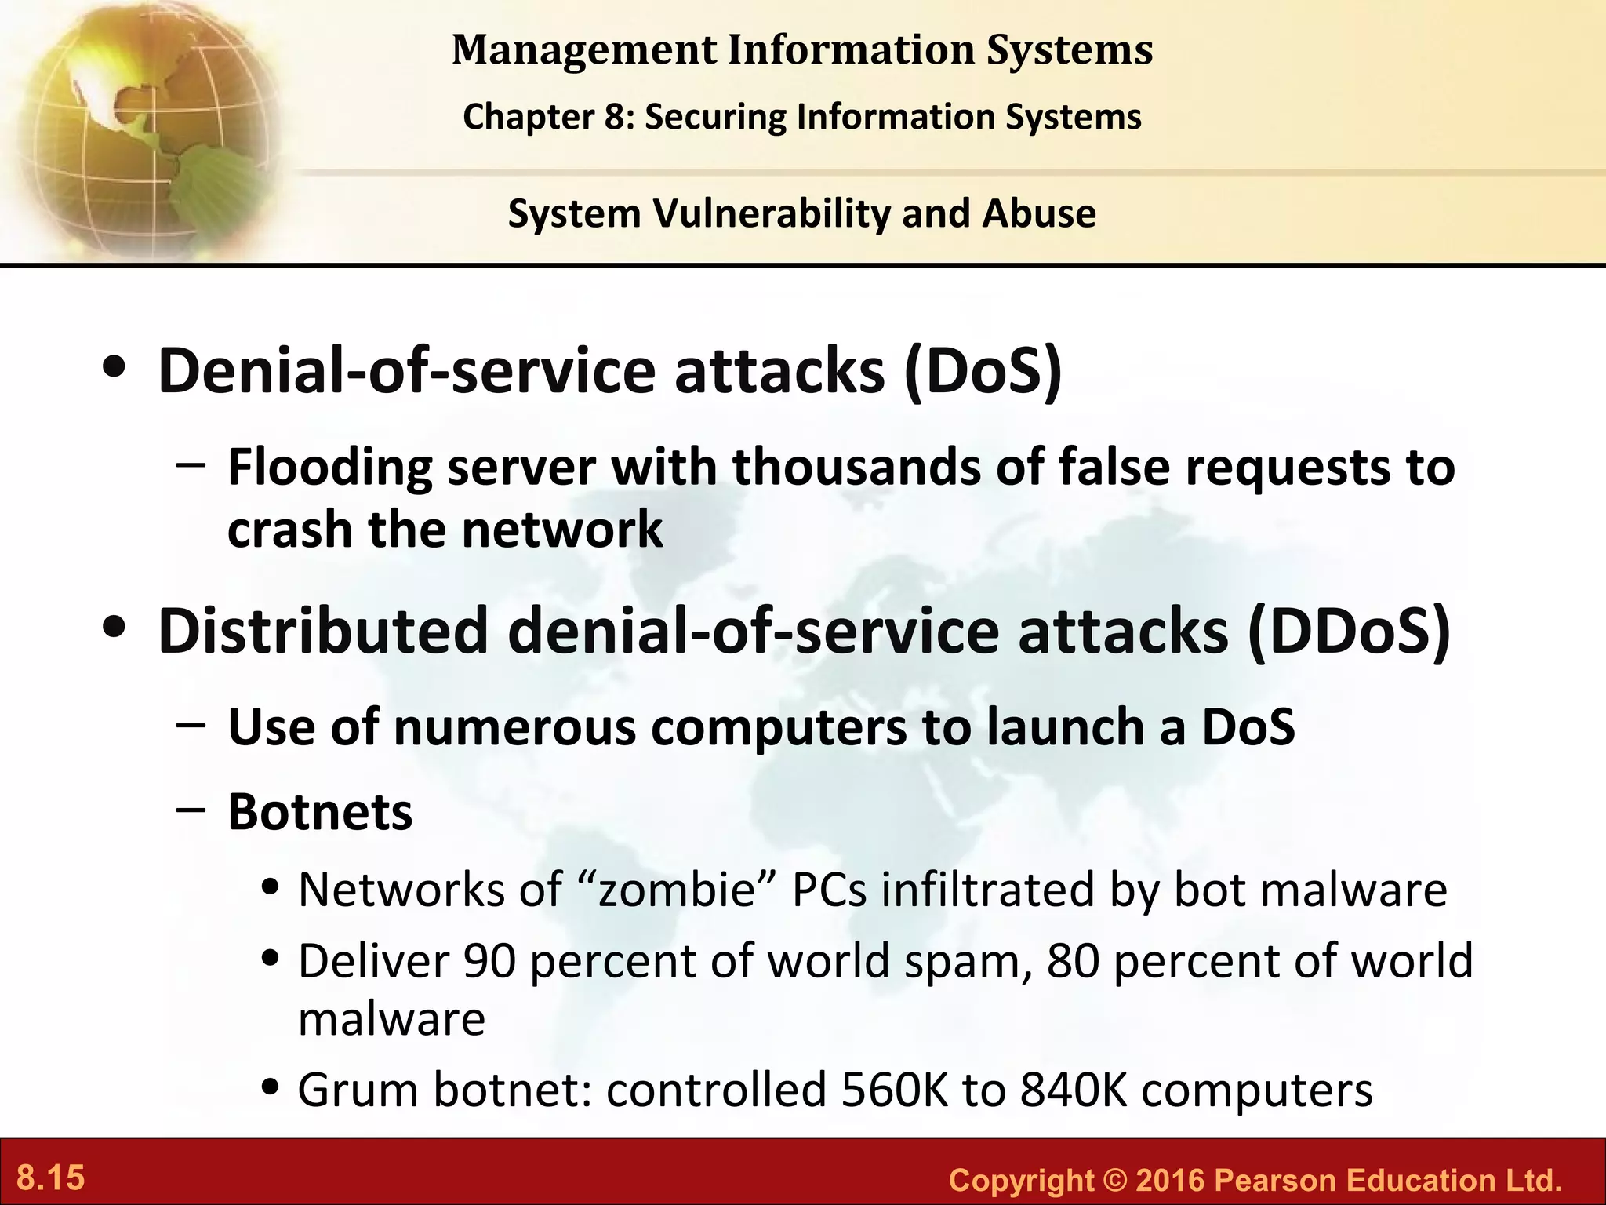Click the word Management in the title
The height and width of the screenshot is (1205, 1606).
coord(584,49)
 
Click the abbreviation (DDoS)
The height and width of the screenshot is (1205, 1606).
coord(1349,632)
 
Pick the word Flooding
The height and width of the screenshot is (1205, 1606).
coord(329,468)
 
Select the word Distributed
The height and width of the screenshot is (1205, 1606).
coord(322,632)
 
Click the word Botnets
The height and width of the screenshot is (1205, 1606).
coord(320,812)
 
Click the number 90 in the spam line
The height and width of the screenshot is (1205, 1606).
coord(489,961)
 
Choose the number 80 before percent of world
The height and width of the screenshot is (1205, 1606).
coord(1072,961)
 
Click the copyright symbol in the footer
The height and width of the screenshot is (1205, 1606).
coord(1114,1181)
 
